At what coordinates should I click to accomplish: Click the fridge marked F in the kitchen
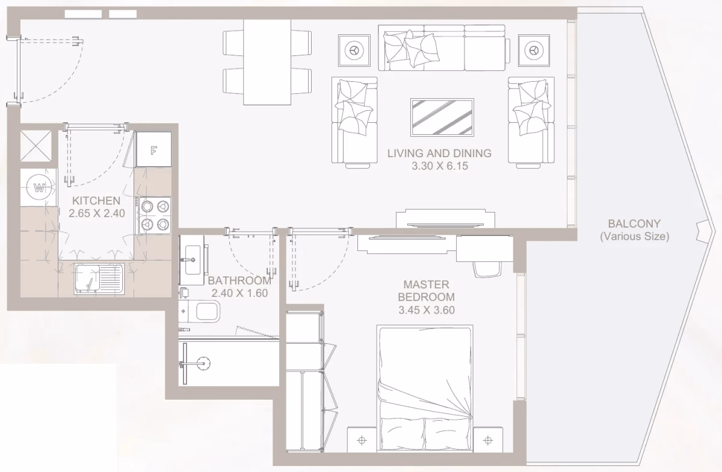(x=154, y=149)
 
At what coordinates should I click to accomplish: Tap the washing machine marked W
(x=39, y=187)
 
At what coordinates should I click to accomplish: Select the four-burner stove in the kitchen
(x=155, y=215)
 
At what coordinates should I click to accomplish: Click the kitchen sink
(x=99, y=279)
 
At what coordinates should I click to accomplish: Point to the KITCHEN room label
(x=96, y=200)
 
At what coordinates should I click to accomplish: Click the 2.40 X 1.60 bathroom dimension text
(x=239, y=293)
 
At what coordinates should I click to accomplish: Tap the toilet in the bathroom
(x=200, y=311)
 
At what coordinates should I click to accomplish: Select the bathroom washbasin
(x=192, y=260)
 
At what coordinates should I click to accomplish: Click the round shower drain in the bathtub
(x=203, y=363)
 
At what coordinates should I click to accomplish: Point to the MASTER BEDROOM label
(x=427, y=291)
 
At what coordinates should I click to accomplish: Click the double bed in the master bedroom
(x=425, y=388)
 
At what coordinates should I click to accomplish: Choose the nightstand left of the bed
(x=362, y=440)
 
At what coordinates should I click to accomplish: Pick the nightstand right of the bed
(x=488, y=440)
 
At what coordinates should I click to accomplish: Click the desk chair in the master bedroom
(x=488, y=269)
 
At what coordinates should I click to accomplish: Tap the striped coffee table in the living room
(x=442, y=117)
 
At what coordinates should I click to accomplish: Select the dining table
(x=267, y=62)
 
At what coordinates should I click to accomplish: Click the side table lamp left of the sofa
(x=354, y=51)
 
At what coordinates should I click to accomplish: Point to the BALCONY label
(x=634, y=223)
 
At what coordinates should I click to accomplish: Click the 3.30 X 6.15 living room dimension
(x=440, y=166)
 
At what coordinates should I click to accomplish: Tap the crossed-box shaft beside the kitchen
(x=35, y=146)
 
